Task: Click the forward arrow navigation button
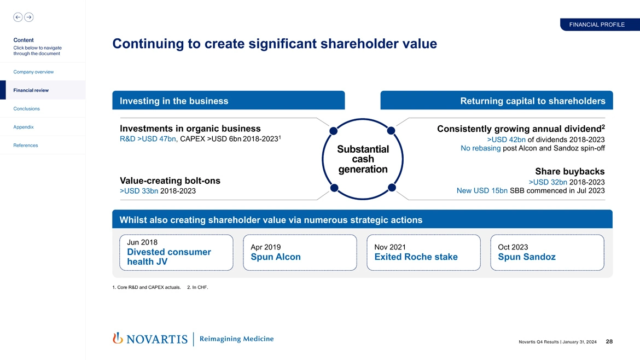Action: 28,17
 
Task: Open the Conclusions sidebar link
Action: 26,108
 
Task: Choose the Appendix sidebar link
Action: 24,127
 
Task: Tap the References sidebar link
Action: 26,145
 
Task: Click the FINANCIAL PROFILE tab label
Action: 596,25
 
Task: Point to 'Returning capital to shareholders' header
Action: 532,101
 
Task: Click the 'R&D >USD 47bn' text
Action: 148,139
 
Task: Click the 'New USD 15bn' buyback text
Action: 481,190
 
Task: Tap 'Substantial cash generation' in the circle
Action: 363,159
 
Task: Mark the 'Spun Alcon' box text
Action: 276,257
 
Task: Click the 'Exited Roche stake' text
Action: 416,257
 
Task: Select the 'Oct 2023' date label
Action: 513,247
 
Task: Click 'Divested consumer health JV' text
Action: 168,257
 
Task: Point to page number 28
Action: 609,342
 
